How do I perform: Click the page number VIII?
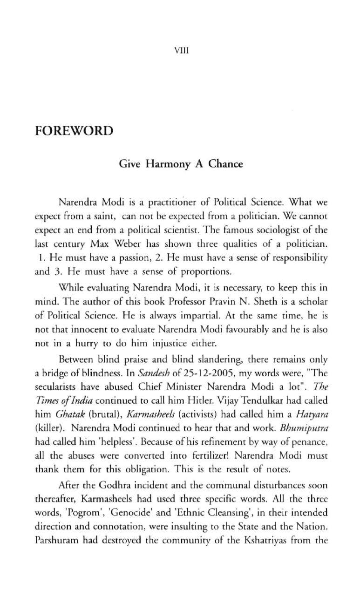click(x=180, y=51)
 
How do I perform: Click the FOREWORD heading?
click(x=74, y=131)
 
